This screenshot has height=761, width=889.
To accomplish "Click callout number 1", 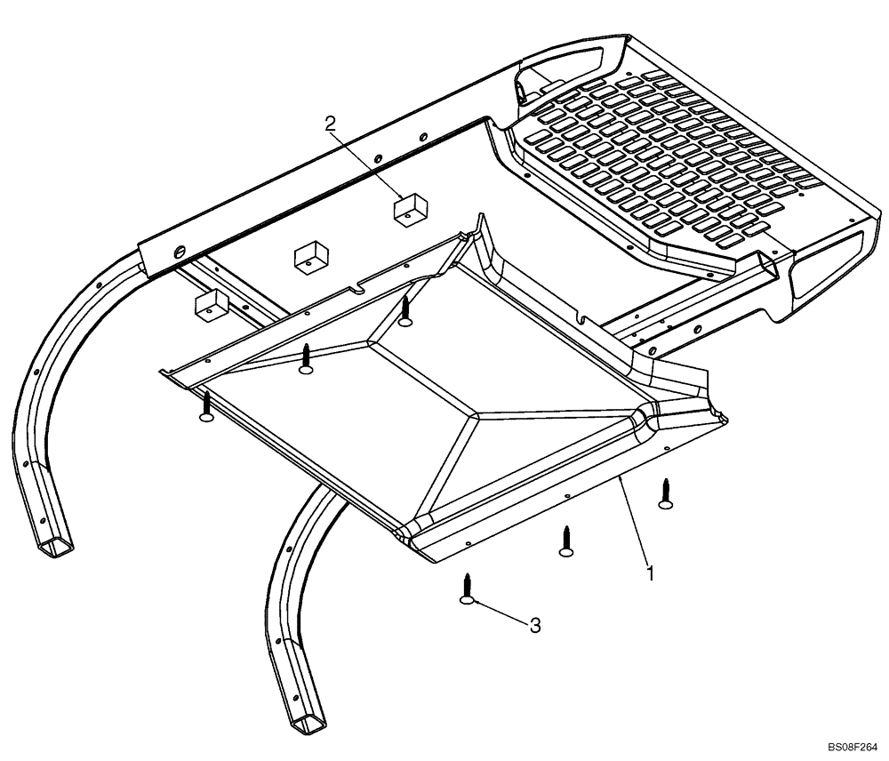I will tap(651, 573).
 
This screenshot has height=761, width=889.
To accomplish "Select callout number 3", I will tap(535, 626).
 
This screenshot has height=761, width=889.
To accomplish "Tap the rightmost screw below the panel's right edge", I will tap(665, 493).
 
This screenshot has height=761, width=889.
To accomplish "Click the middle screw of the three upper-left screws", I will tap(306, 357).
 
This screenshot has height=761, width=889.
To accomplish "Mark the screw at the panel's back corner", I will tap(405, 311).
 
